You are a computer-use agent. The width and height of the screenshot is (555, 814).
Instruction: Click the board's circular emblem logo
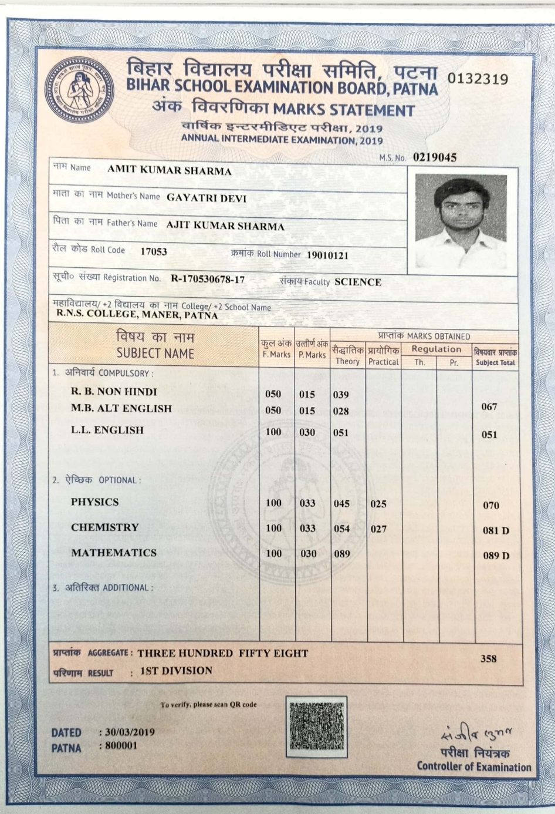coord(79,89)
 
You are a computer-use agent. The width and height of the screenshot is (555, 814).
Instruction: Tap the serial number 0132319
coord(478,79)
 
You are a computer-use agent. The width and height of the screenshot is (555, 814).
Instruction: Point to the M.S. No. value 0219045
coord(434,157)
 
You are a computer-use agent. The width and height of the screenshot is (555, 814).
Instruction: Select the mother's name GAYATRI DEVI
coord(207,199)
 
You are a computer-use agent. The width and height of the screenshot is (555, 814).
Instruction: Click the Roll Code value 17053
coord(154,251)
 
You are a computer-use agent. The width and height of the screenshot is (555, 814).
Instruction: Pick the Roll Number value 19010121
coord(327,255)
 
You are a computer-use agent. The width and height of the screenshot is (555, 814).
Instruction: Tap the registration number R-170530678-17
coord(208,279)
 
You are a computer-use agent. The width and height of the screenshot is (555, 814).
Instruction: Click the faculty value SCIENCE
coord(358,282)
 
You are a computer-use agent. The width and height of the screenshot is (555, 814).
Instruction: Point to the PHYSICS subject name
coord(94,502)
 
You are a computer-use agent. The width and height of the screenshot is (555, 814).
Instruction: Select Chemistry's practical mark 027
coord(378,529)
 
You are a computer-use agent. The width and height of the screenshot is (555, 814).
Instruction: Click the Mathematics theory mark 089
coord(341,553)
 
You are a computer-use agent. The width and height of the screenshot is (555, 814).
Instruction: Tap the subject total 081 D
coord(496,530)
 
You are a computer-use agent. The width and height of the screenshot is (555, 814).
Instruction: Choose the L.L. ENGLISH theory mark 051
coord(341,432)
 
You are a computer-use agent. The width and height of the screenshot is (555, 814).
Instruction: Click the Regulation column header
coord(436,349)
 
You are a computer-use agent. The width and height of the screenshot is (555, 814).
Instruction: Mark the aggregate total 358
coord(488,658)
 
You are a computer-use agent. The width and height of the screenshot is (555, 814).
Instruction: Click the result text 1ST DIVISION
coord(176,671)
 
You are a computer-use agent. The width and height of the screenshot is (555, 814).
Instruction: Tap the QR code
coord(316,726)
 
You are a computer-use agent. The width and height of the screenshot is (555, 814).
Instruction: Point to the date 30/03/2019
coord(130,732)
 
